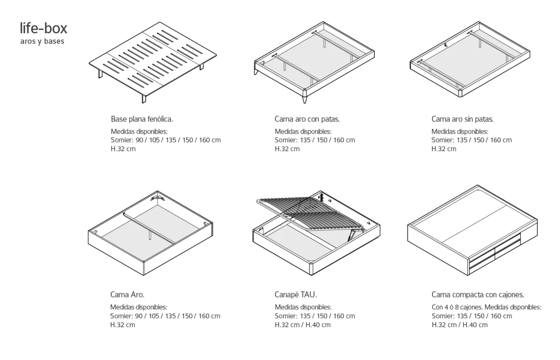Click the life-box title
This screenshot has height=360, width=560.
[43, 29]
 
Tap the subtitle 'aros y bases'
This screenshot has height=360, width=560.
[42, 42]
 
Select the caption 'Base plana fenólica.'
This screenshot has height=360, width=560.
[142, 119]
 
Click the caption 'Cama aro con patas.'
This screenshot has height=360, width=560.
[307, 119]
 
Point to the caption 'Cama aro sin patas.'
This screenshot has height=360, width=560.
[462, 119]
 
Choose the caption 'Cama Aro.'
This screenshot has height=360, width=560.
[127, 295]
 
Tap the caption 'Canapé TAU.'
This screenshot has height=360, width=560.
[295, 295]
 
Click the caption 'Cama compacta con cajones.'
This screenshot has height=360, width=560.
[478, 295]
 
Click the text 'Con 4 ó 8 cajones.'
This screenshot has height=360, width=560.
[457, 307]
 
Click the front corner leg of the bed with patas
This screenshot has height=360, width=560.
[305, 100]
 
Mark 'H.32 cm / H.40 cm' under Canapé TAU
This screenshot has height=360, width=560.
[303, 325]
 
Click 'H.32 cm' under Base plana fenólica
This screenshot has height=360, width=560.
[123, 149]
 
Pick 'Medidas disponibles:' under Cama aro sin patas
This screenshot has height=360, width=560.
[460, 132]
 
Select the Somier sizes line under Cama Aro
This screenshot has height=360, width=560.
[165, 316]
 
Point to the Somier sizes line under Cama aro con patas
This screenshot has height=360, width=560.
[315, 140]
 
